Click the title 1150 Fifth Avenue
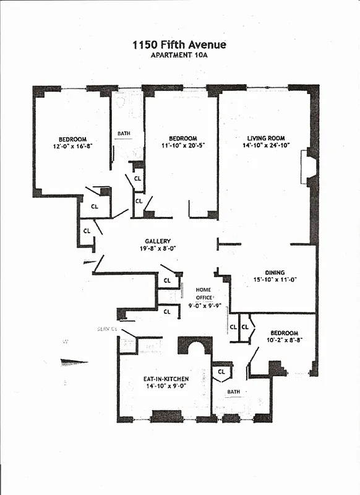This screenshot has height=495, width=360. (x=179, y=45)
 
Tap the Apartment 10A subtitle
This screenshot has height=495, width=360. (x=179, y=55)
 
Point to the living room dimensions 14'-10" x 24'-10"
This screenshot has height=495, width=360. (x=267, y=146)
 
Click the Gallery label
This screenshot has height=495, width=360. (x=158, y=241)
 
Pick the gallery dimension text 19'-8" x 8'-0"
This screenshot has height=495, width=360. (x=158, y=249)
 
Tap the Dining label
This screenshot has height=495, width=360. (x=275, y=272)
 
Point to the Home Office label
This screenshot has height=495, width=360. (x=204, y=293)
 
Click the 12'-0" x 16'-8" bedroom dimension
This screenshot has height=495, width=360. (x=73, y=147)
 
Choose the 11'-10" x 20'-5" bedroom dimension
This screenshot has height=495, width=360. (x=183, y=146)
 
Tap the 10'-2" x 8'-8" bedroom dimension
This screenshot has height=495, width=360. (x=285, y=340)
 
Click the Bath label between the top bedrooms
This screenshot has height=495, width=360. (x=124, y=133)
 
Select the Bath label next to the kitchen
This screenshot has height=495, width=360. (x=233, y=392)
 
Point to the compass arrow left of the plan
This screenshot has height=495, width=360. (x=74, y=362)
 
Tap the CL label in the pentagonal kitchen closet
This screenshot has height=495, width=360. (x=221, y=372)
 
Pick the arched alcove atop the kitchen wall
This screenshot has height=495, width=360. (x=195, y=346)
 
